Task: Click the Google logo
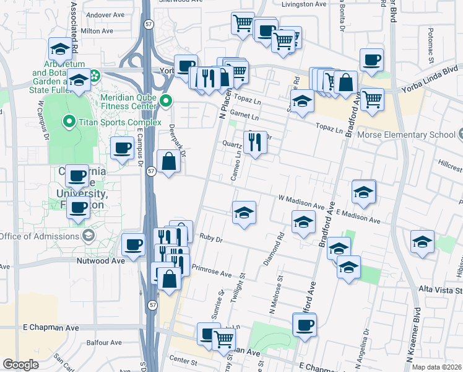pos(20,365)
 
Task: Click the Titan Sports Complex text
pos(111,121)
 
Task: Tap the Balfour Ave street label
pos(103,342)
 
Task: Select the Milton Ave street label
pos(97,30)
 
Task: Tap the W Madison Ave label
pos(301,202)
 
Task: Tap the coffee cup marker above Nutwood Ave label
pos(134,245)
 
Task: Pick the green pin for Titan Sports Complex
pos(67,121)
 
